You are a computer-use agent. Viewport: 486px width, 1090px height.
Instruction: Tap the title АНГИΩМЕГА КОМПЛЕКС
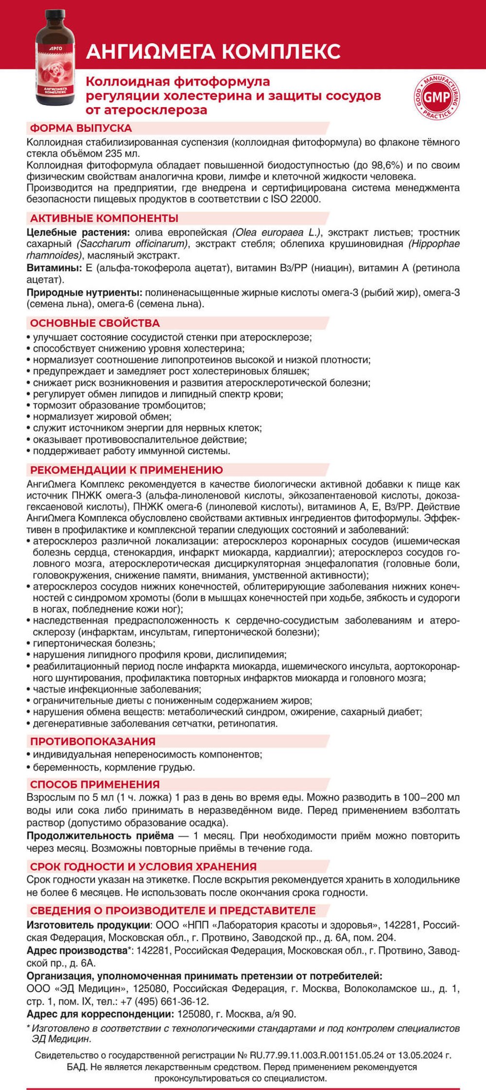coord(213,52)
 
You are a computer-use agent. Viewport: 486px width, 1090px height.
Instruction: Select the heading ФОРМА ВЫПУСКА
coord(81,128)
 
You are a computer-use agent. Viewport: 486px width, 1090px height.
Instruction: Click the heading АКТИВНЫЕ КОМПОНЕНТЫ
coord(104,218)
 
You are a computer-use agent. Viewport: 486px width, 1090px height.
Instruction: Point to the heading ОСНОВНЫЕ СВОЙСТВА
coord(95,323)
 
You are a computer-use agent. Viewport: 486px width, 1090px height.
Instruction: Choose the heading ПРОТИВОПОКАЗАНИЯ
coord(93,741)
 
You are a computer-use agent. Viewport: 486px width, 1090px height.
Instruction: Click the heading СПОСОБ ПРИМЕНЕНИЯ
coord(95,784)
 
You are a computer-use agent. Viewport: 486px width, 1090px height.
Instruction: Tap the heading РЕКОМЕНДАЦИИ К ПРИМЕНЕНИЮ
coord(126,470)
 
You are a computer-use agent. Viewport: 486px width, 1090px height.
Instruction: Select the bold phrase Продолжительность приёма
coord(100,836)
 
